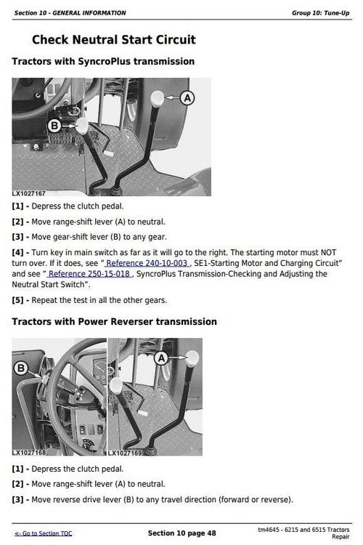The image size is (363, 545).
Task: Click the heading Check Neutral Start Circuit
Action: (113, 40)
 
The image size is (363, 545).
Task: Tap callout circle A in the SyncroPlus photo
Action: (187, 97)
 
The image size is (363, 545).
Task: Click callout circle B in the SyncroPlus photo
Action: (54, 126)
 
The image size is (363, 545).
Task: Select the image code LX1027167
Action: (29, 193)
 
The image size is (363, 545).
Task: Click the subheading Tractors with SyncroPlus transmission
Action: (103, 62)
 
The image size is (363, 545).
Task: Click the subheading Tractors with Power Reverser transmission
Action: (114, 321)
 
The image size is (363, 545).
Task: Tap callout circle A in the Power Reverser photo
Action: (162, 358)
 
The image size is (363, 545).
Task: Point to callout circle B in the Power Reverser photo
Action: (21, 368)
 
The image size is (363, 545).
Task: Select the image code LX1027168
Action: (29, 453)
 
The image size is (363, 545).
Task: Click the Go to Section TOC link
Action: (44, 533)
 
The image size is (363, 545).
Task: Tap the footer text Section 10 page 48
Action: (181, 533)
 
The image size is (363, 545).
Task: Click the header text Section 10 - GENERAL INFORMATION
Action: (70, 12)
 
